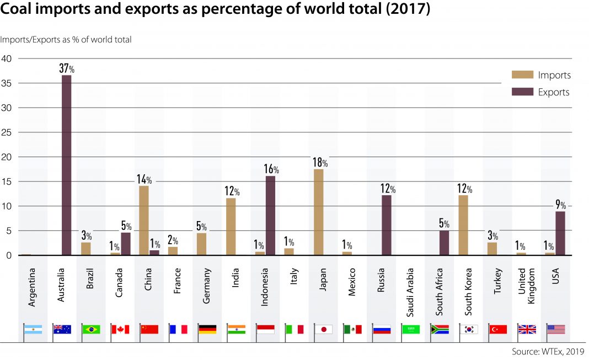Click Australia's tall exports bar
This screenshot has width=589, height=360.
pyautogui.click(x=66, y=165)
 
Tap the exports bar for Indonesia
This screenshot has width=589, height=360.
pyautogui.click(x=270, y=216)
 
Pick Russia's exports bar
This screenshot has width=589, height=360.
pyautogui.click(x=386, y=225)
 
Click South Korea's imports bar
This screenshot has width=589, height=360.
pyautogui.click(x=463, y=225)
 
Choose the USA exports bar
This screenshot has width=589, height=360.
pyautogui.click(x=560, y=233)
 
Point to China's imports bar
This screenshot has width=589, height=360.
pyautogui.click(x=144, y=221)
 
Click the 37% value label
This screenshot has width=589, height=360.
pyautogui.click(x=66, y=69)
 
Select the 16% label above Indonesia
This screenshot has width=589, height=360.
pyautogui.click(x=272, y=169)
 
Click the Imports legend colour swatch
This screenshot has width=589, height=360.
pyautogui.click(x=522, y=75)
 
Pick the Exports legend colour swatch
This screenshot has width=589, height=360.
pyautogui.click(x=522, y=92)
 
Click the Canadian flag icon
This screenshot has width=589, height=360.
pyautogui.click(x=120, y=329)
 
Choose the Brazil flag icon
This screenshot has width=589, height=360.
pyautogui.click(x=90, y=329)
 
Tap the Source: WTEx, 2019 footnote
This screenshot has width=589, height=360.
pyautogui.click(x=547, y=351)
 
